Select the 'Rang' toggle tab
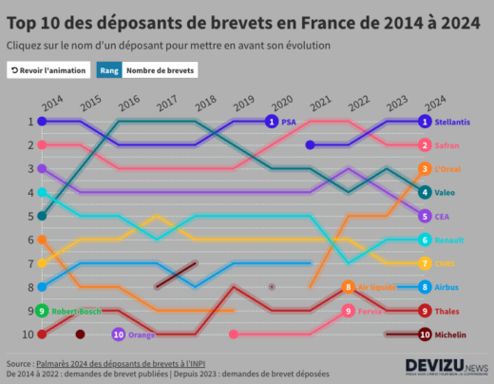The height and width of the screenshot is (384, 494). pos(108,70)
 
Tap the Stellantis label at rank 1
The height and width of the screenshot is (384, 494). pos(454,122)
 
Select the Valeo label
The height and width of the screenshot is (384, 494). pos(446,193)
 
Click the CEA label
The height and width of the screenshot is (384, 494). pos(443,217)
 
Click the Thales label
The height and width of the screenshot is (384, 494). pos(447,311)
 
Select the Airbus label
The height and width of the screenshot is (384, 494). pos(447,287)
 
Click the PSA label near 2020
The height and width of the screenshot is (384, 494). pos(289,122)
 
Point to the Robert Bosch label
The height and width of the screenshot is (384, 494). pos(76,311)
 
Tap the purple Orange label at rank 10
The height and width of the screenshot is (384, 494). pos(141,335)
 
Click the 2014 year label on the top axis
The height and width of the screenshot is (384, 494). pos(51,101)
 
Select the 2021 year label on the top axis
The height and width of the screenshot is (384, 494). pos(319,101)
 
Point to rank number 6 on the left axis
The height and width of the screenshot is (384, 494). pos(29,240)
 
